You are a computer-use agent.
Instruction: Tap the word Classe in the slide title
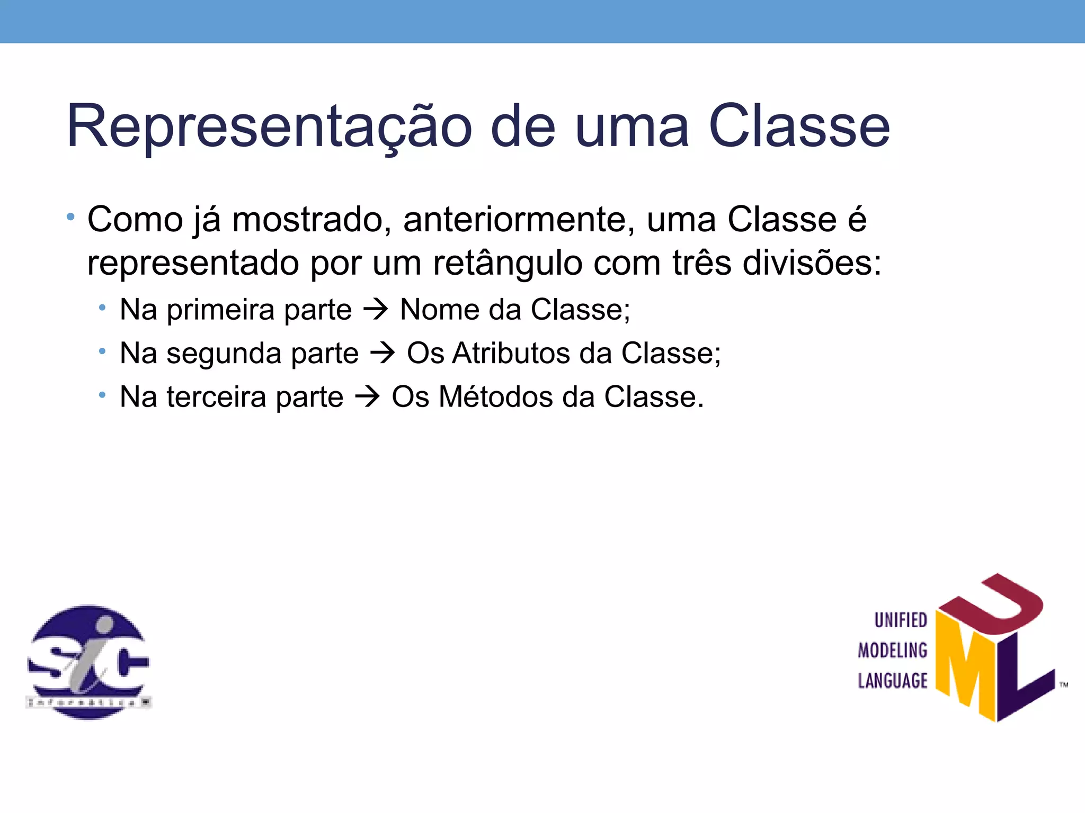[x=799, y=127]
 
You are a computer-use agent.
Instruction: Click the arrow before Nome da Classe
[x=376, y=310]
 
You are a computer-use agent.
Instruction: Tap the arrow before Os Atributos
[x=383, y=354]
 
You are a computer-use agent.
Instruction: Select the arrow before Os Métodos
[x=368, y=397]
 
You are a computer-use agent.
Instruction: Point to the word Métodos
[x=495, y=397]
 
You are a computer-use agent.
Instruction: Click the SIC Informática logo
[x=88, y=662]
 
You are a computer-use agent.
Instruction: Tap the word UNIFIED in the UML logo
[x=900, y=620]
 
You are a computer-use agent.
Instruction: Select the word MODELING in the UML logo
[x=893, y=651]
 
